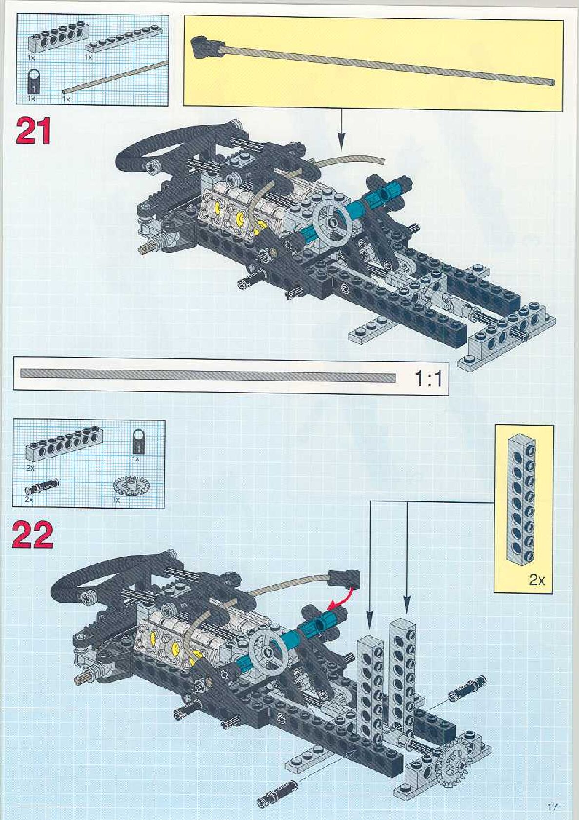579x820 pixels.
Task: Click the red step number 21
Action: tap(33, 132)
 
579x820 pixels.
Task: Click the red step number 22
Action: tap(32, 535)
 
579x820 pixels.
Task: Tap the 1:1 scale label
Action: tap(428, 378)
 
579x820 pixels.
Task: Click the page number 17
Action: tap(552, 806)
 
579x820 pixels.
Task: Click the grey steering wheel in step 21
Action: tap(332, 222)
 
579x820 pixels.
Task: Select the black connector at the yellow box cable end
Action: tap(201, 46)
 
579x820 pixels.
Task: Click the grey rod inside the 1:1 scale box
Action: tap(208, 376)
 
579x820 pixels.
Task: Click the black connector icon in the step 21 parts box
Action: tap(34, 80)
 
